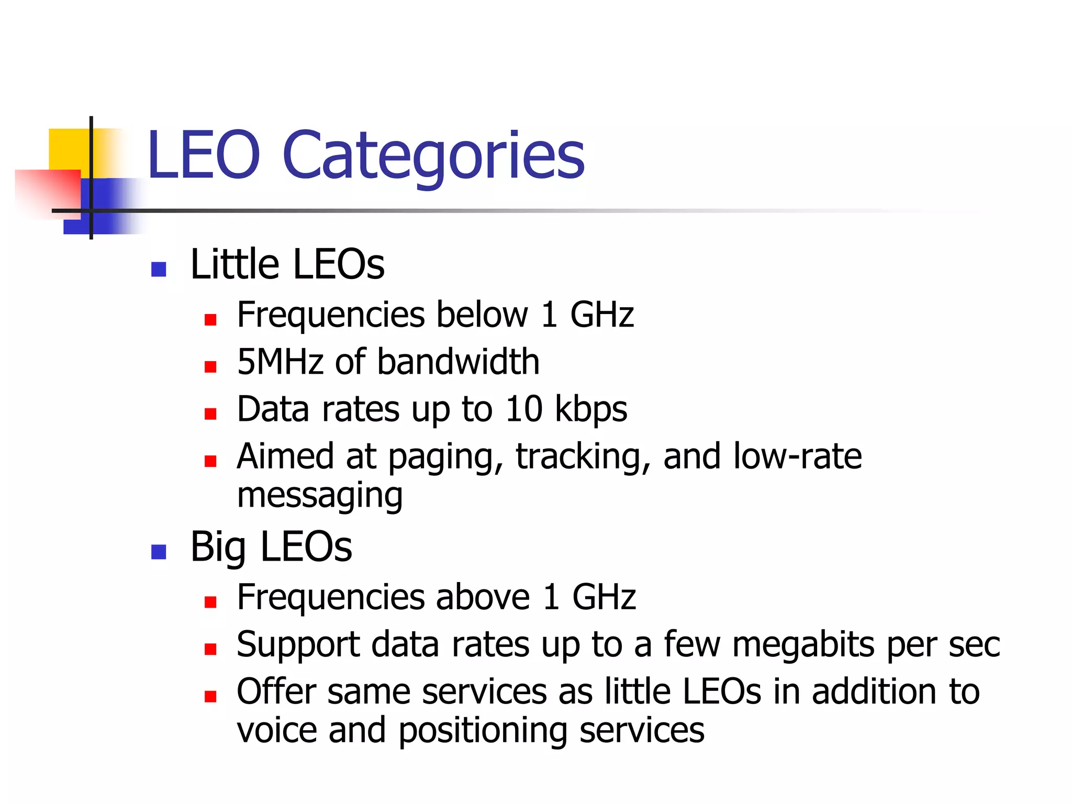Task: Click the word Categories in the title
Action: [433, 156]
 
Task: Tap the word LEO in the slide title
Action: [204, 155]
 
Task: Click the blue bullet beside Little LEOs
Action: [158, 269]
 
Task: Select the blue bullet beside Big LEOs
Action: [158, 552]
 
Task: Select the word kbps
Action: [591, 410]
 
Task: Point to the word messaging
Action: [320, 496]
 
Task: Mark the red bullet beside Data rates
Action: [210, 414]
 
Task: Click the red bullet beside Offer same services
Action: [210, 696]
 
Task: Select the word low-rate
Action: [797, 456]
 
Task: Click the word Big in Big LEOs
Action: [218, 548]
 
